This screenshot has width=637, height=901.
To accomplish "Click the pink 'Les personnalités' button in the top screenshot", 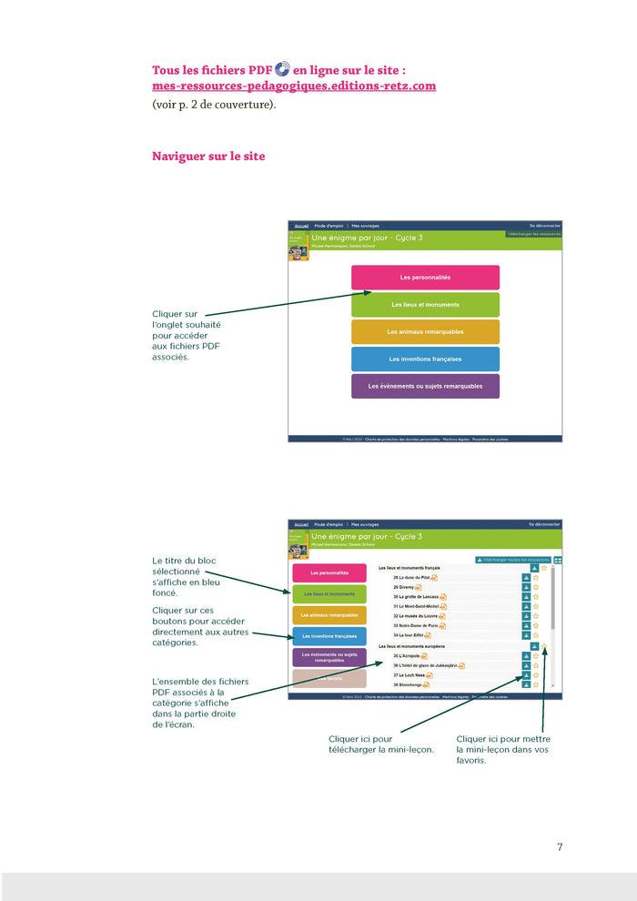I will pos(425,277).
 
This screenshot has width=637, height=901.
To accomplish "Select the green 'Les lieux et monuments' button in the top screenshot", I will pos(425,304).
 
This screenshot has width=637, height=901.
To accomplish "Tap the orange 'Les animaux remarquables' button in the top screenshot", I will pos(425,331).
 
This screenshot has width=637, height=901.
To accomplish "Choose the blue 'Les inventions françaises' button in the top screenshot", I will pos(425,359).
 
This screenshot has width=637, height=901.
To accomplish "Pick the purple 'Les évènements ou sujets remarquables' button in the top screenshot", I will pos(425,386).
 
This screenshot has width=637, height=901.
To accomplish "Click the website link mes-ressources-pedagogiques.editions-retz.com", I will pos(294,86).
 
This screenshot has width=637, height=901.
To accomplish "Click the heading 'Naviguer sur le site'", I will pos(208,157).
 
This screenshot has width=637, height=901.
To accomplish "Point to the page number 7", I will pos(560,846).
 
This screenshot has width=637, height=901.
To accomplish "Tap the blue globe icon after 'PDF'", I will pos(282,69).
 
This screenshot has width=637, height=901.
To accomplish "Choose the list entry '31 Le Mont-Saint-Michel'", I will pos(420,606).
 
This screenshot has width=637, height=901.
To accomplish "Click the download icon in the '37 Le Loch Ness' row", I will pos(526,675).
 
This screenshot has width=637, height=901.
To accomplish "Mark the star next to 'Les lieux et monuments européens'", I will pos(544,646).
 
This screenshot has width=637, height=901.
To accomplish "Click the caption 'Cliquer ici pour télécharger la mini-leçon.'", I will pos(380,744).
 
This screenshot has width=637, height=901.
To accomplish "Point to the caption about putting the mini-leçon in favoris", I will pos(503,750).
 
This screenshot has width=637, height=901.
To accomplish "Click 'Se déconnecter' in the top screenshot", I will pos(545,225).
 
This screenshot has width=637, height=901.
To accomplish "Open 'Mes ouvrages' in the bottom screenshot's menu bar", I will pos(365,524).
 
